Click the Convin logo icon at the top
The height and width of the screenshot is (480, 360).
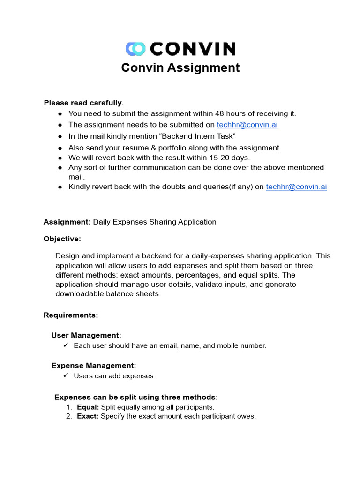[x=136, y=49]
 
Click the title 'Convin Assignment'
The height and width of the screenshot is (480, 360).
[x=180, y=68]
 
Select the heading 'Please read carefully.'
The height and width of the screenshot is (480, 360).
[x=83, y=103]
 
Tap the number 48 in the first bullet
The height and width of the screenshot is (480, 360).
[x=219, y=113]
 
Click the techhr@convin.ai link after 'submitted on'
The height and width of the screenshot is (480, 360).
[x=247, y=125]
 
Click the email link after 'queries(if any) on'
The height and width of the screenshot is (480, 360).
[x=296, y=187]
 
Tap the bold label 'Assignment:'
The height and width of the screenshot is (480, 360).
[x=67, y=222]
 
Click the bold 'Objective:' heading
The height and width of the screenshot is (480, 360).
[x=62, y=239]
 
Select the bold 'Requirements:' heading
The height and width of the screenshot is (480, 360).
[x=71, y=315]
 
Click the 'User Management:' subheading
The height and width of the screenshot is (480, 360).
[x=86, y=335]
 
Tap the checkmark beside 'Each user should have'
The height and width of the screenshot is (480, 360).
[x=66, y=345]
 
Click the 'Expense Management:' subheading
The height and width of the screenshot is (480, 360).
[x=94, y=366]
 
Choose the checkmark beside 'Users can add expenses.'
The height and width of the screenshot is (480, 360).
[x=66, y=375]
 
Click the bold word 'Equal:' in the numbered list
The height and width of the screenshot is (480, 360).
[x=88, y=407]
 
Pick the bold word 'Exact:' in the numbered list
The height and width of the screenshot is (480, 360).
[x=88, y=416]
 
